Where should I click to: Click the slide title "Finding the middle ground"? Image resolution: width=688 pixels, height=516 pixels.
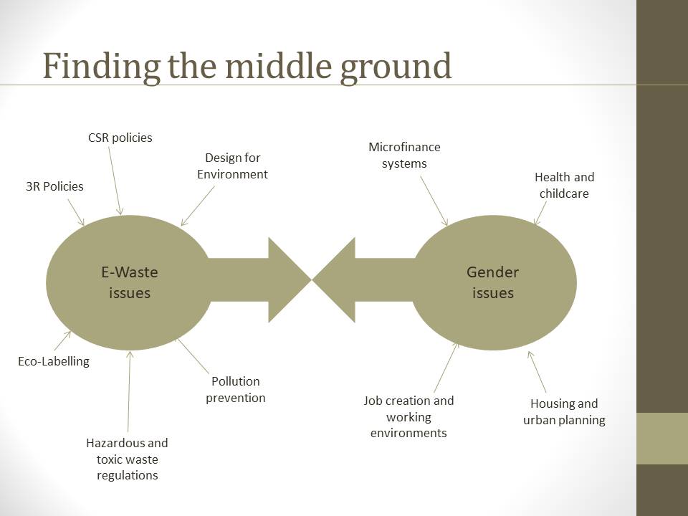[x=247, y=66]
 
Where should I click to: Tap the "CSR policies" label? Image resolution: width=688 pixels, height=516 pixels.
[x=120, y=138]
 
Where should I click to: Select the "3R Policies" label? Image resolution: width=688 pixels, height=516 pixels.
[x=54, y=186]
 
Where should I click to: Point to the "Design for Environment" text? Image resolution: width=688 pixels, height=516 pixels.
[x=232, y=166]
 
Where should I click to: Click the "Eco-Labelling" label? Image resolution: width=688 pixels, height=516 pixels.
[x=54, y=361]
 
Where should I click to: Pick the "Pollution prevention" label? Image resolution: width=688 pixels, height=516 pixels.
[x=236, y=389]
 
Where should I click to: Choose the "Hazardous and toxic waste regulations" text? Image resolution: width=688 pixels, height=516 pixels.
[x=128, y=459]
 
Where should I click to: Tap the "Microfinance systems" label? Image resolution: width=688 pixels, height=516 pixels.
[x=404, y=155]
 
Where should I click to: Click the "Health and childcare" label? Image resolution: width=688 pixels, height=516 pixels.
[x=564, y=185]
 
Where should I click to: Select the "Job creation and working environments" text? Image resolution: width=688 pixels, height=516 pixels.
[x=408, y=416]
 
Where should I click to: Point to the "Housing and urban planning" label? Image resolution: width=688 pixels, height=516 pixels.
[x=564, y=411]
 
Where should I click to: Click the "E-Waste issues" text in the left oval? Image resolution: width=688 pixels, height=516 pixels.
[x=130, y=282]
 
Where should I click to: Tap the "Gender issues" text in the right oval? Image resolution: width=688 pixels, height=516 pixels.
[x=493, y=282]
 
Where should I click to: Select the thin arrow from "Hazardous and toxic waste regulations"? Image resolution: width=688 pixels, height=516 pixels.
[x=129, y=391]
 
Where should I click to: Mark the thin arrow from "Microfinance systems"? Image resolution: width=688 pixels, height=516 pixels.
[x=434, y=201]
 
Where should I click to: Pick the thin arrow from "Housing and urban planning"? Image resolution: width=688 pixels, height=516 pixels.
[x=537, y=372]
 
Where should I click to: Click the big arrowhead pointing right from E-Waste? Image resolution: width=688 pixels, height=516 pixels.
[x=290, y=280]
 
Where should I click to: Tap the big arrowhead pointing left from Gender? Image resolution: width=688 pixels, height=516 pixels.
[x=334, y=280]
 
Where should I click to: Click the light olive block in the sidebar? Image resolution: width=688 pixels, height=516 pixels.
[x=662, y=439]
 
